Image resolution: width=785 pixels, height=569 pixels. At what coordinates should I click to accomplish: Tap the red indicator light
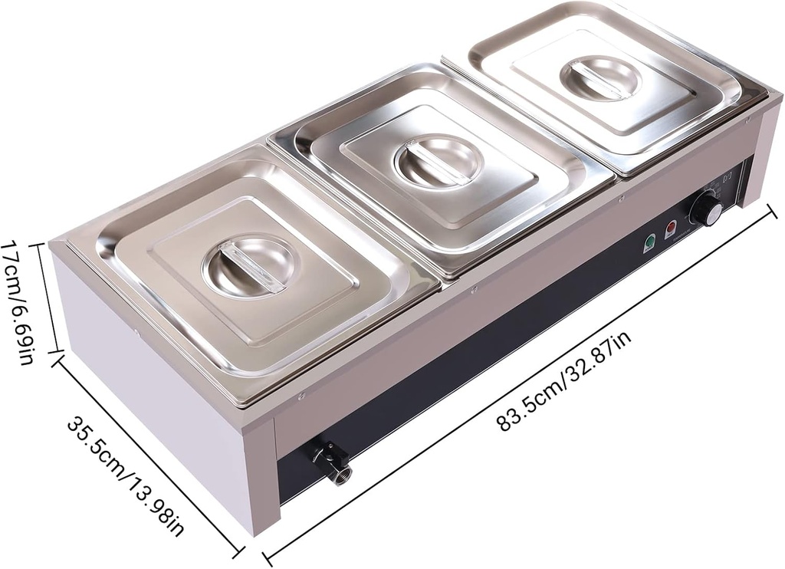pos(672,229)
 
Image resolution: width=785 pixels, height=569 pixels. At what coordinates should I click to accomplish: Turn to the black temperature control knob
pos(705,208)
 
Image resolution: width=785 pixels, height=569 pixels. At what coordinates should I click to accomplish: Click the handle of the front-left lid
pos(247,265)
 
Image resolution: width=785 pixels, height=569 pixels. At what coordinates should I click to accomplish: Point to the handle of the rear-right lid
pos(600,77)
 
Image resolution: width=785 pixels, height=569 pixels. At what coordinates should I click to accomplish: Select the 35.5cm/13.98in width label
pos(127,475)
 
